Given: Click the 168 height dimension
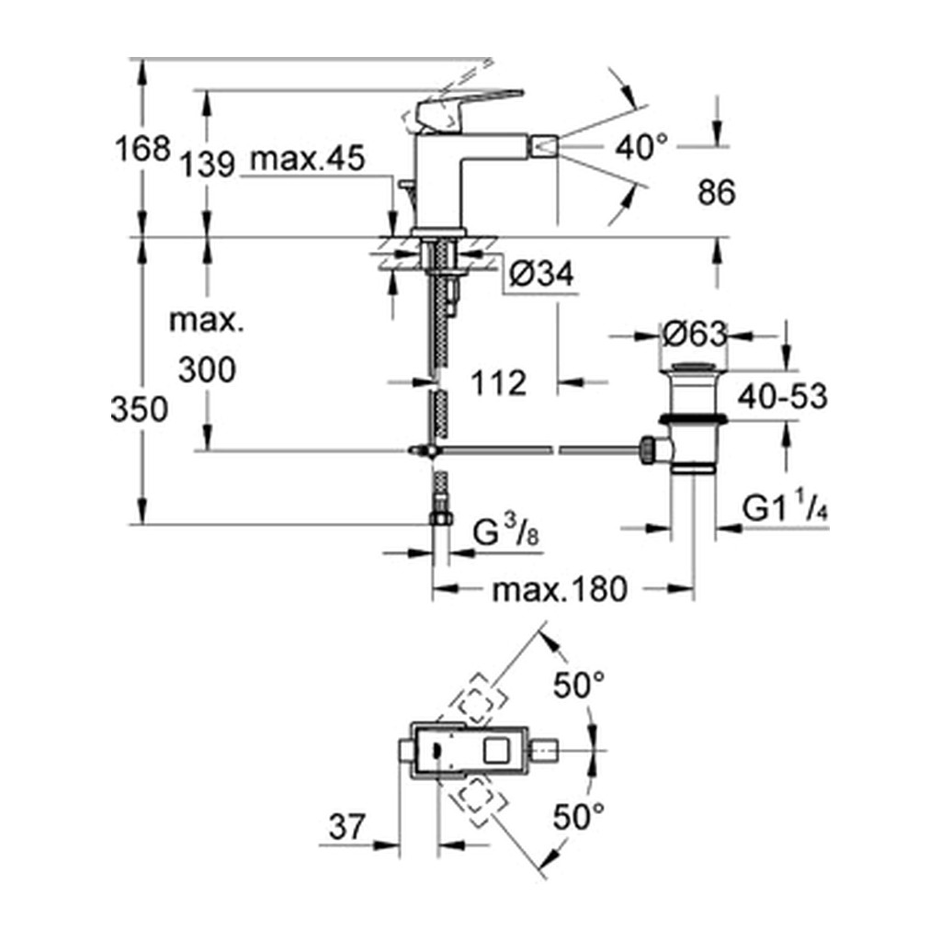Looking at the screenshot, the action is (x=142, y=148).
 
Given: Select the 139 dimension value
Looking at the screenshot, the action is (x=208, y=164).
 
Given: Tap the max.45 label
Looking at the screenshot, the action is (x=307, y=159).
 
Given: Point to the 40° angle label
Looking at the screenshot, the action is (x=641, y=147).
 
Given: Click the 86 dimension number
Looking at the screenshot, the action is (x=717, y=193).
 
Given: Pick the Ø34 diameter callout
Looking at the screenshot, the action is (x=541, y=274).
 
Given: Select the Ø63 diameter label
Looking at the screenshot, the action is (x=695, y=334).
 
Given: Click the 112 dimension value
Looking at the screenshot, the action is (x=499, y=382).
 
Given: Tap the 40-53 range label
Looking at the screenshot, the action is (x=783, y=396).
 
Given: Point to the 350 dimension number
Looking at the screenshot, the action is (x=140, y=410).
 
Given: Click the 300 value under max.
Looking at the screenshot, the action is (x=207, y=369).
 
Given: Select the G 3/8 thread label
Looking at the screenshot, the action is (x=506, y=530).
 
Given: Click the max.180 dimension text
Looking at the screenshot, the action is (x=560, y=589).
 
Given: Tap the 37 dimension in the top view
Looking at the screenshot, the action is (x=346, y=828).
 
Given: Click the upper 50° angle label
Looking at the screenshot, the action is (x=579, y=686).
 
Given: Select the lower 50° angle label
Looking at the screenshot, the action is (x=579, y=816).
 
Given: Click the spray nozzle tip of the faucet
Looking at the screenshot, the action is (x=544, y=146).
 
